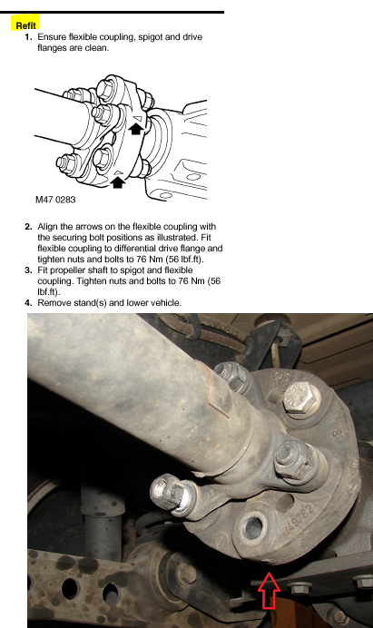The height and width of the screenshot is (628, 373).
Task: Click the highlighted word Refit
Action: pos(25,25)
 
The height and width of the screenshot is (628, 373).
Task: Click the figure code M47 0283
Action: pos(55,200)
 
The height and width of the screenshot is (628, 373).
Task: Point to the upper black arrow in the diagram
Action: pos(136,129)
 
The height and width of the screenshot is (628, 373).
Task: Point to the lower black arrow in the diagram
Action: pos(117,182)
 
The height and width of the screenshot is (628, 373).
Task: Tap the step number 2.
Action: pos(28,227)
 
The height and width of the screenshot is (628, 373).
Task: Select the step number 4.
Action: pos(28,303)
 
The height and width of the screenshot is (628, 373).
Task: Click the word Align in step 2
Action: pos(47,227)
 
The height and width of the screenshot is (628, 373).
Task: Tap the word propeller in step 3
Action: pos(67,270)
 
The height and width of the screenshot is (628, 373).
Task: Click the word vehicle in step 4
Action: pos(166,303)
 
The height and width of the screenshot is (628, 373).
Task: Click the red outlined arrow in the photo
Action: pos(269,590)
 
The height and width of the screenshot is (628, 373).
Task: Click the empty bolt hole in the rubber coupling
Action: pos(253,527)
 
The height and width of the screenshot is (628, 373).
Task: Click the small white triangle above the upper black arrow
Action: pos(139,117)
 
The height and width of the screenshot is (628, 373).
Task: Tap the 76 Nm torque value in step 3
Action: pos(191,281)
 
